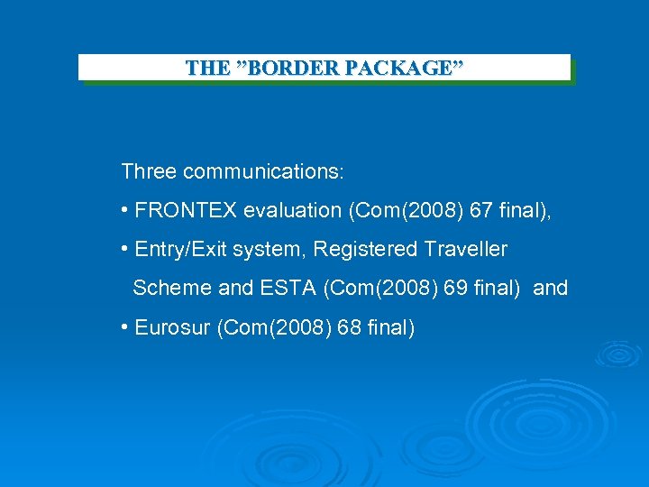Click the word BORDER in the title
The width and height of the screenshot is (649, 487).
click(281, 68)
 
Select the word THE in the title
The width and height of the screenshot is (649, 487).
click(207, 68)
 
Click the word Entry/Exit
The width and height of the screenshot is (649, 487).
click(176, 249)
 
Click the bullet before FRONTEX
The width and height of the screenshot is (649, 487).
click(124, 211)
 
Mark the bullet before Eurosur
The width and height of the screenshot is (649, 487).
click(124, 326)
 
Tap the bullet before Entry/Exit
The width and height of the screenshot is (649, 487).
click(124, 249)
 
